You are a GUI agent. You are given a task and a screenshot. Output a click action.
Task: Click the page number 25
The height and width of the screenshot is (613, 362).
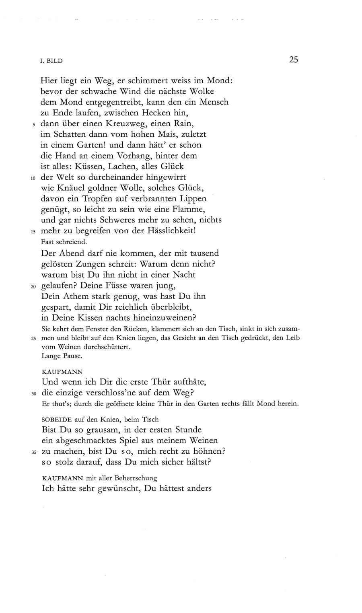pyautogui.click(x=293, y=60)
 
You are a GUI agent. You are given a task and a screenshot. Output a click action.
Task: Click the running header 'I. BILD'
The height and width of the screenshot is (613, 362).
pyautogui.click(x=52, y=61)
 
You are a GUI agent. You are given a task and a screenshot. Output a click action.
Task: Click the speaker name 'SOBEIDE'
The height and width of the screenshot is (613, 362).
pyautogui.click(x=56, y=419)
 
